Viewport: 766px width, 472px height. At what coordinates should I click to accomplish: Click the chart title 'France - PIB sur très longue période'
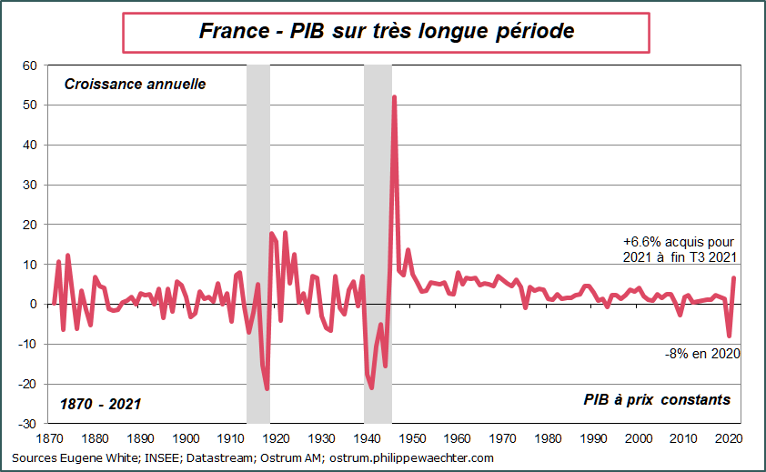click(x=386, y=31)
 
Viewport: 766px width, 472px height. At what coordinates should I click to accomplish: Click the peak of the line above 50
click(x=394, y=96)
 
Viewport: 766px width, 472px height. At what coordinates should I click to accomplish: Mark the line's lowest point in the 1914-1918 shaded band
click(x=267, y=388)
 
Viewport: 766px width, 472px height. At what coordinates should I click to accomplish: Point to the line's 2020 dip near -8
click(x=729, y=336)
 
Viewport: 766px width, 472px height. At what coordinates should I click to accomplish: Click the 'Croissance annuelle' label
click(x=135, y=85)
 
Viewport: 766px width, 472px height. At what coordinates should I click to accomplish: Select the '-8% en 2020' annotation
click(x=702, y=353)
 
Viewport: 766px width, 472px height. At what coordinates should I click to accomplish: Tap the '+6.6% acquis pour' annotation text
click(x=678, y=242)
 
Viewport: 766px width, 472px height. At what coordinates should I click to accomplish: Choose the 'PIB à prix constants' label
click(x=657, y=400)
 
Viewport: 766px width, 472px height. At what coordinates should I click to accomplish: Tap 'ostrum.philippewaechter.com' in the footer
click(x=410, y=457)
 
